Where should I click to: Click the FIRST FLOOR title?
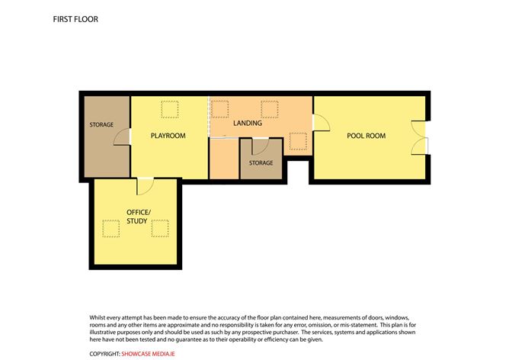pos(75,19)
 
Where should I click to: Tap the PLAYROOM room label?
pos(168,136)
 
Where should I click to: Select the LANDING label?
pos(248,123)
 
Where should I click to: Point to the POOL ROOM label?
pos(367,136)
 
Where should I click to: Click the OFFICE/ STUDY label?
pos(138,217)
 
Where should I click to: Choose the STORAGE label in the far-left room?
pos(101,125)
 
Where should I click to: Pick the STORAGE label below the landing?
pos(261,162)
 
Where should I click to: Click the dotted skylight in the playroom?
pos(170,110)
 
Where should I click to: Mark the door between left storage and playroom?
pos(122,137)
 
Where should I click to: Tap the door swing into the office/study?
pos(145,187)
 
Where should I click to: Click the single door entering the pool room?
pos(322,123)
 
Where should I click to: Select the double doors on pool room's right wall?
pos(420,138)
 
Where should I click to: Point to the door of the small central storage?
pos(261,146)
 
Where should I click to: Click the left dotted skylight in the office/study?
pos(111,228)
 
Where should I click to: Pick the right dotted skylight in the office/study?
pos(160,228)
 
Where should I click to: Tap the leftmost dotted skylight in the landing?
pos(219,110)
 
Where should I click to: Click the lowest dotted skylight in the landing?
pos(298,141)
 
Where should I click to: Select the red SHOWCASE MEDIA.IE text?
pos(148,354)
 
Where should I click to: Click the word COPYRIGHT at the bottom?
pos(105,354)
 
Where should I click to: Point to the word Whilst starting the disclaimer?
pos(98,317)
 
